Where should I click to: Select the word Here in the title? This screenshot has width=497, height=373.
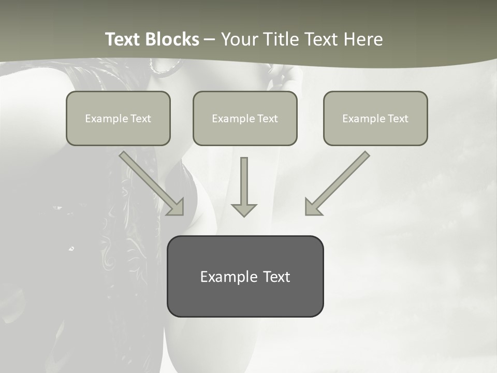click(363, 39)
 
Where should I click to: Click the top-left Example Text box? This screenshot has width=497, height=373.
click(118, 118)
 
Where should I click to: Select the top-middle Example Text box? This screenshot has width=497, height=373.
click(245, 118)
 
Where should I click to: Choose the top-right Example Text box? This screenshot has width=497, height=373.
click(375, 118)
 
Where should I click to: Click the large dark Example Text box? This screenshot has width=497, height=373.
click(245, 276)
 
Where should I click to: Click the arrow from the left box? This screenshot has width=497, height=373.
click(150, 181)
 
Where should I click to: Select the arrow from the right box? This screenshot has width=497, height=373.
click(339, 181)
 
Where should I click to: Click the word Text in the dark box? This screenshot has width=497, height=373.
click(276, 277)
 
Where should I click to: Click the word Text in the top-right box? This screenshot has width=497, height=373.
click(398, 119)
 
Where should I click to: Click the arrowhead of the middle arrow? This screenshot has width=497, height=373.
click(244, 210)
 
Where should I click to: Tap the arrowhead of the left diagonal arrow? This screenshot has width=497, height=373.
click(176, 207)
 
